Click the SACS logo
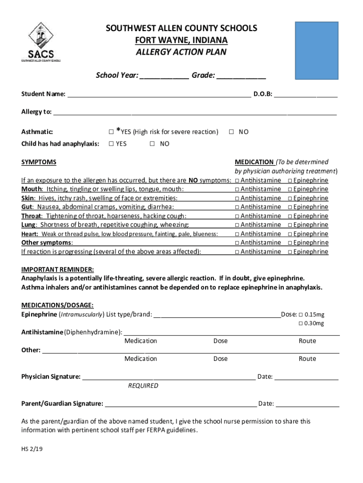[x=41, y=42]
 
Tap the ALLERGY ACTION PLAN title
[x=181, y=52]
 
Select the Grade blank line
[x=241, y=76]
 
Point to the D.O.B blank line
[x=306, y=95]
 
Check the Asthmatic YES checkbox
[x=111, y=132]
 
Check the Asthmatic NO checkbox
[x=231, y=132]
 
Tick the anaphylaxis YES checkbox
[x=111, y=144]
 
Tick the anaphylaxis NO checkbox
[x=152, y=144]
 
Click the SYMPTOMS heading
[x=39, y=162]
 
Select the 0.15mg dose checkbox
[x=300, y=315]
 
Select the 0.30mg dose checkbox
[x=300, y=324]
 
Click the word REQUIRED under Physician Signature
[x=143, y=386]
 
